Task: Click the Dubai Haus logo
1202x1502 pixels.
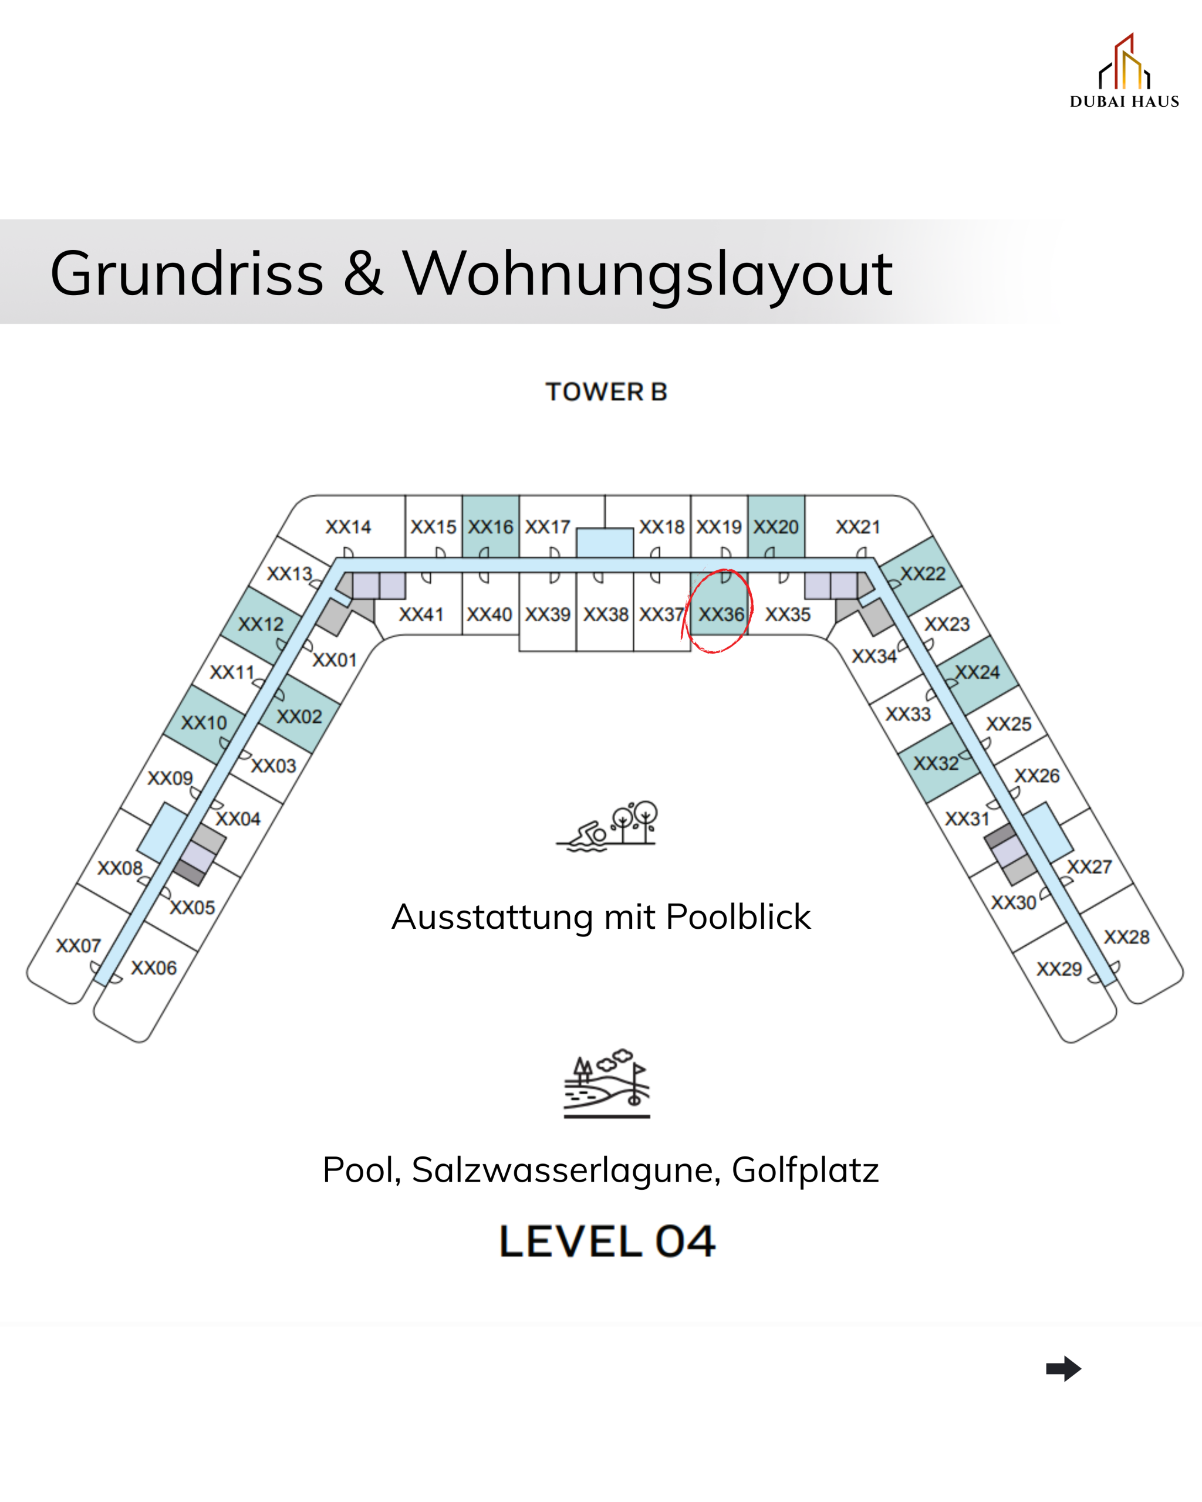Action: tap(1123, 72)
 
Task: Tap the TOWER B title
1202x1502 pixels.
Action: tap(606, 391)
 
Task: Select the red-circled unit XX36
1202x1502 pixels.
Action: tap(721, 614)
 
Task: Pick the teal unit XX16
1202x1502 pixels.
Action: tap(490, 527)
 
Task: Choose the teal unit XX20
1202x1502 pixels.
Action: tap(775, 527)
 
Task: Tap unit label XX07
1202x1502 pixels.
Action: tap(78, 945)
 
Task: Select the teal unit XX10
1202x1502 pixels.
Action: tap(204, 722)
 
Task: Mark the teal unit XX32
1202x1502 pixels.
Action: tap(935, 763)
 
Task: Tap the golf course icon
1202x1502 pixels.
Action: tap(606, 1083)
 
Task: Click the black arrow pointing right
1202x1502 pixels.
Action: tap(1063, 1368)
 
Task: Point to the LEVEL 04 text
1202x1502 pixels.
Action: tap(606, 1241)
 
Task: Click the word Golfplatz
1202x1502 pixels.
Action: tap(804, 1170)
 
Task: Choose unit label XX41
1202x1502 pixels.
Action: tap(421, 614)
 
